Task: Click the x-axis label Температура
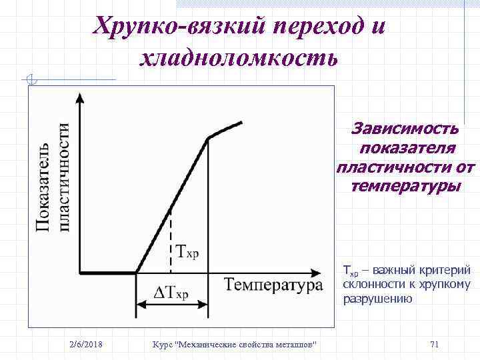pos(273,285)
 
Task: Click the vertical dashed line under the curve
pos(171,240)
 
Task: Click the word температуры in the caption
pos(405,185)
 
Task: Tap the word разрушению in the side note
pos(377,299)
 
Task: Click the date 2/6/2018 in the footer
pos(86,344)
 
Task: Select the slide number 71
pos(434,344)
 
